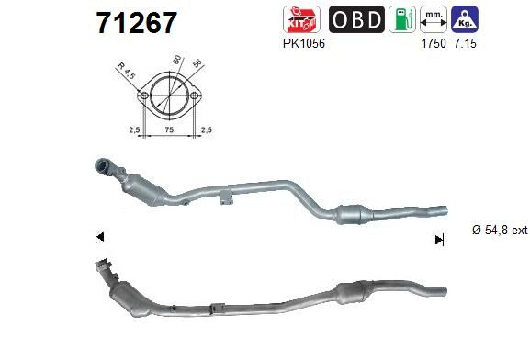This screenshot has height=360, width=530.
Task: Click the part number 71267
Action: (137, 23)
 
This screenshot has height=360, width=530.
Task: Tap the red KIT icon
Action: (301, 19)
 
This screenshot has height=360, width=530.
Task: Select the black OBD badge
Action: (356, 19)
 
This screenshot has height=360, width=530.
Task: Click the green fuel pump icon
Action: (402, 19)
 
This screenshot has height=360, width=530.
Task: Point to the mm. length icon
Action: (434, 19)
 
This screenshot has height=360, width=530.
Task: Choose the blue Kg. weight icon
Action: (465, 19)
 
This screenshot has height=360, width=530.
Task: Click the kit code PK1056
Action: (304, 43)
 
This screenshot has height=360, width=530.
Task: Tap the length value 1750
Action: (434, 43)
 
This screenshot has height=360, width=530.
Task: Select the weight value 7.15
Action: (465, 43)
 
